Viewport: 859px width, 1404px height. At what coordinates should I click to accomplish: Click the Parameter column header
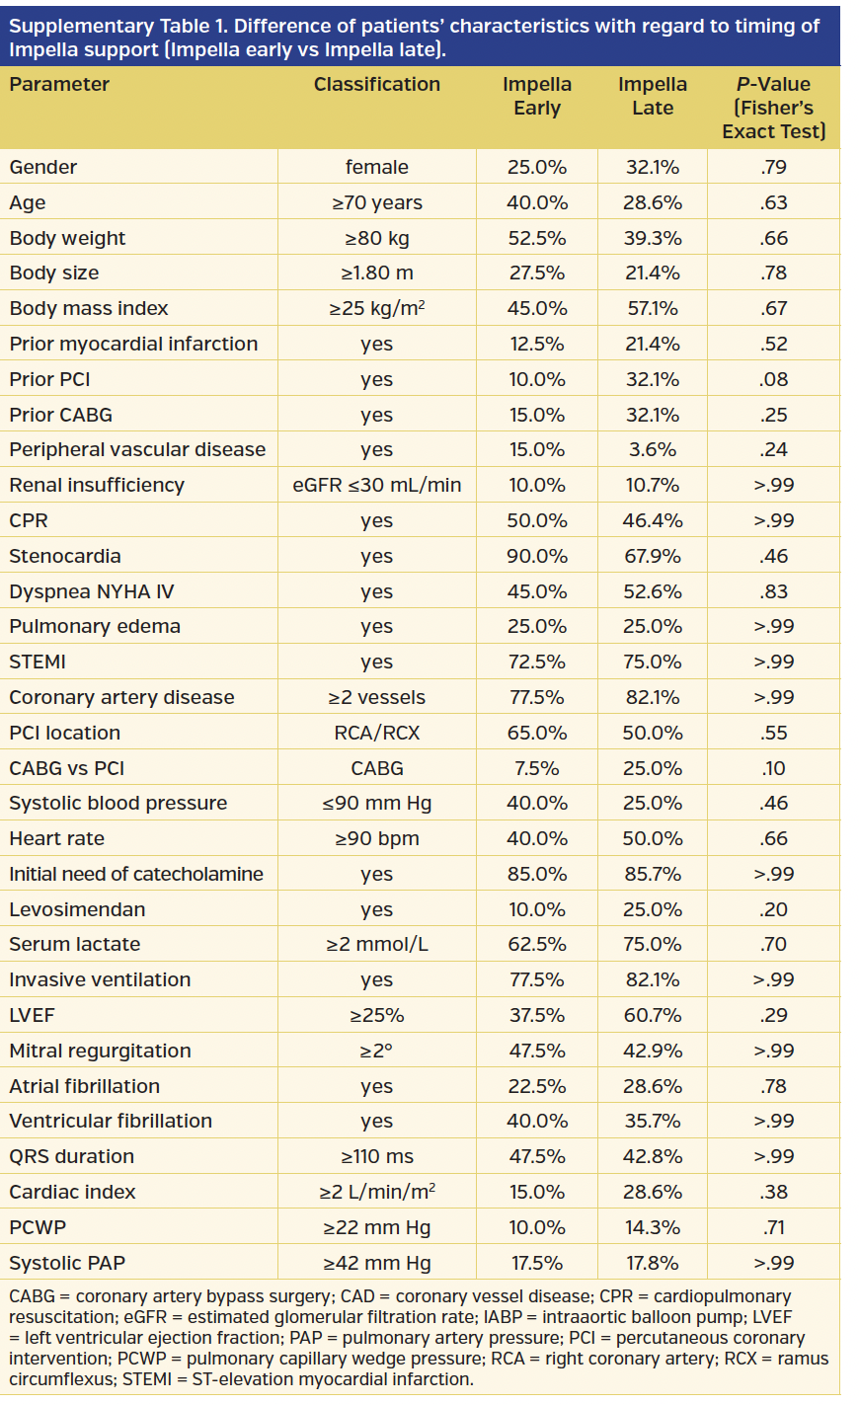59,85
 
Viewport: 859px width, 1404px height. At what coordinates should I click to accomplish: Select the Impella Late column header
652,96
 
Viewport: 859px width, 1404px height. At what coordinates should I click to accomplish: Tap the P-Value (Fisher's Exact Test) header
773,108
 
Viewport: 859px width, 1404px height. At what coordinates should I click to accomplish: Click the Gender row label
43,167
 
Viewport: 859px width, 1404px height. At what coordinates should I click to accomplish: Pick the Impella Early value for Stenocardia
537,556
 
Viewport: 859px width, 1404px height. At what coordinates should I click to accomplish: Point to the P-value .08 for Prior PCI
774,379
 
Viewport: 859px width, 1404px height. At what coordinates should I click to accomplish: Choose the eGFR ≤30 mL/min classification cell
376,485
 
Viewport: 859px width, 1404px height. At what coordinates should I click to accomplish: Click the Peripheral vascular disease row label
137,449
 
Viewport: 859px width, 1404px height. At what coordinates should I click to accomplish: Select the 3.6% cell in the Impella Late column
652,449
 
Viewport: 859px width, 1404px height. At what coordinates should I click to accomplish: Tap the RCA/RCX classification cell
376,733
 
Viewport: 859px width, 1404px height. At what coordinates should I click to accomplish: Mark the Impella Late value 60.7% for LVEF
652,1015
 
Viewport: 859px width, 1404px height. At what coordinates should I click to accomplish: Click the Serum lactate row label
75,944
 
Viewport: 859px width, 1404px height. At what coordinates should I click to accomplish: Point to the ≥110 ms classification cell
376,1156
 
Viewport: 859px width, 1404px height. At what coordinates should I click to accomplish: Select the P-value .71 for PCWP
774,1227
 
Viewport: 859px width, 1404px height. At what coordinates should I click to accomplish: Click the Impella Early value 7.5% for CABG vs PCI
537,768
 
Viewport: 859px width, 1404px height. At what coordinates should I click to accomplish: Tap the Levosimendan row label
77,909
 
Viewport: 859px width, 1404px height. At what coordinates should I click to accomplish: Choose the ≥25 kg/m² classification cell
376,308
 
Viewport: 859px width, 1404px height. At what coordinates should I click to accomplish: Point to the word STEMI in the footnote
149,1379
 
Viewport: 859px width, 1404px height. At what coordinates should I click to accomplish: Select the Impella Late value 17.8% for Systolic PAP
652,1263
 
